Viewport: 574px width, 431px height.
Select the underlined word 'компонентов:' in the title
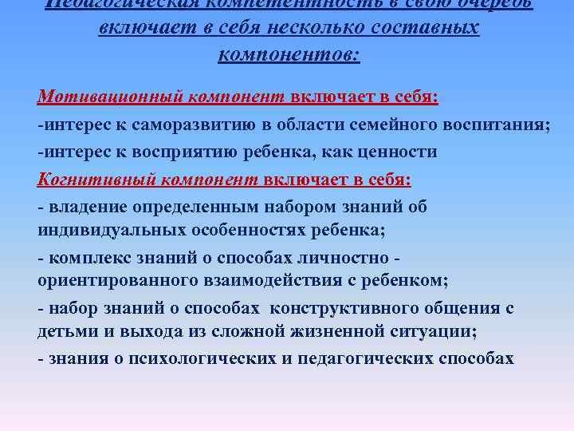[288, 55]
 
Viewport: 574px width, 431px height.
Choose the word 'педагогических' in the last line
[365, 358]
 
